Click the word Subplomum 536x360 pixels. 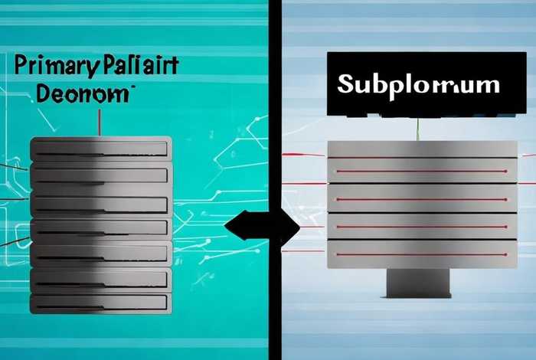pos(418,84)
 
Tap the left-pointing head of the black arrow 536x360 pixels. pos(234,226)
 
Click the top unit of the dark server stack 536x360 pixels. pos(100,147)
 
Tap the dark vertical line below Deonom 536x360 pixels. pos(100,123)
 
